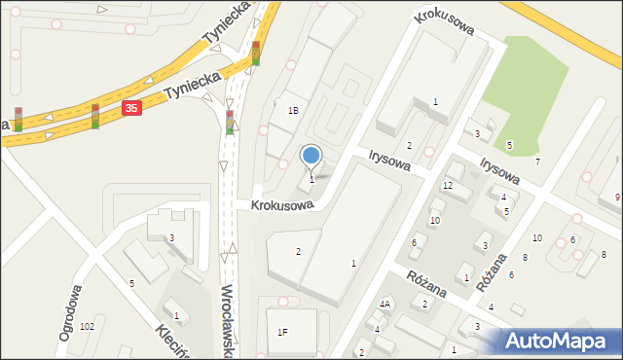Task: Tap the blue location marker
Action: click(x=311, y=156)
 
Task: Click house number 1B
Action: click(x=293, y=111)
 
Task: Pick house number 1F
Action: click(x=282, y=332)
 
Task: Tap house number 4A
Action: click(x=385, y=305)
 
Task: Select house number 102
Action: click(x=88, y=326)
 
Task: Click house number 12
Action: click(x=448, y=185)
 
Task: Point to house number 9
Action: click(x=617, y=198)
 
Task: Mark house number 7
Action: click(x=536, y=161)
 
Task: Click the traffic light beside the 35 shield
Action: click(x=95, y=116)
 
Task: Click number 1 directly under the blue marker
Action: click(x=311, y=179)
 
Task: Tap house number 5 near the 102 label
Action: click(x=132, y=283)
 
